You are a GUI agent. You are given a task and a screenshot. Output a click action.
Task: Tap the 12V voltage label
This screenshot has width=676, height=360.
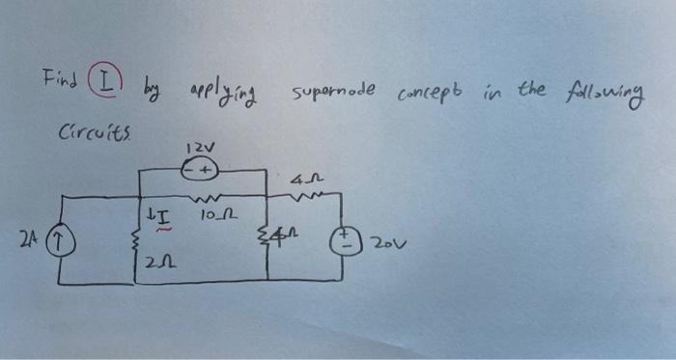194,149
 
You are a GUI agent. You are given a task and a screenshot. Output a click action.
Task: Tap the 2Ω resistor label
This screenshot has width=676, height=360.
155,262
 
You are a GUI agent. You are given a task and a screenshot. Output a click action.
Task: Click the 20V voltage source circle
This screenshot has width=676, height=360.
341,237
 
